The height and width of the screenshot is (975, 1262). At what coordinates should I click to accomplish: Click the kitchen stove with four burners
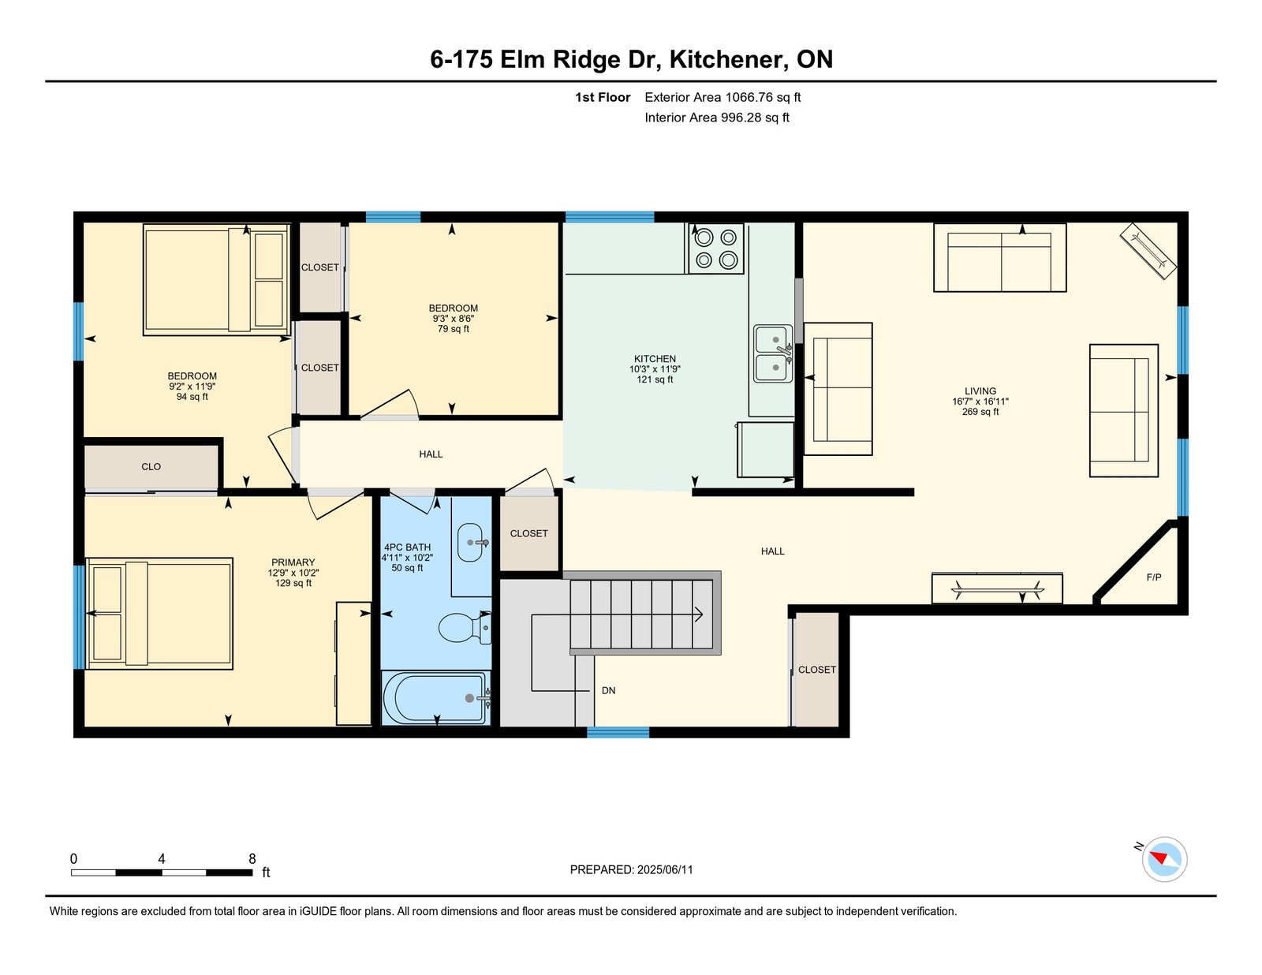715,248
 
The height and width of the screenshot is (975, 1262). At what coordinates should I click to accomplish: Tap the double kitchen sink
773,353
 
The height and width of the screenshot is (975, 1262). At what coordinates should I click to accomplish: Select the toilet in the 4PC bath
465,628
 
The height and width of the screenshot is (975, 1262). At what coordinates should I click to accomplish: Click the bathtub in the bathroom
435,697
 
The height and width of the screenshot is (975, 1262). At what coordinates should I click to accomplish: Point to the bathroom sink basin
470,543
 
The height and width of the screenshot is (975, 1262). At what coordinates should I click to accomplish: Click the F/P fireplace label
1153,577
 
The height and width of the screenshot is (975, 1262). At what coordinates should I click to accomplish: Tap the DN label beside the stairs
608,690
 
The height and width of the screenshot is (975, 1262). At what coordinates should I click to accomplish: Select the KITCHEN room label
655,359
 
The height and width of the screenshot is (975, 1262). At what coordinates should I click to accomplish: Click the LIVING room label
980,391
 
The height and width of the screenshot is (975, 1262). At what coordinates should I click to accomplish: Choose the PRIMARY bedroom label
293,562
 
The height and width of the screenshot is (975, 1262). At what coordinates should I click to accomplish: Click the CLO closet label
151,466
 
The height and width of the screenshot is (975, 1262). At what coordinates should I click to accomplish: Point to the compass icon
1164,859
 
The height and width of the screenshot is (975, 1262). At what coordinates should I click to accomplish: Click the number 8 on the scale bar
252,858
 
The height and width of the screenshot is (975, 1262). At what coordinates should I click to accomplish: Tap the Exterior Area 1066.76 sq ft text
722,97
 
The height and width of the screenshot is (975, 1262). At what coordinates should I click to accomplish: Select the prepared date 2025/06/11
665,869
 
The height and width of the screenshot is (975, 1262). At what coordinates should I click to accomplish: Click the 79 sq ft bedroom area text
453,329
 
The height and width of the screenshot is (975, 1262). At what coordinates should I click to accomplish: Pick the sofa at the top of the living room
999,258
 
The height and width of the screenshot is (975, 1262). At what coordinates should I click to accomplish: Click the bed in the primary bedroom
159,614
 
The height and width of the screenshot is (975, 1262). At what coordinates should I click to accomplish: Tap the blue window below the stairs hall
618,732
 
